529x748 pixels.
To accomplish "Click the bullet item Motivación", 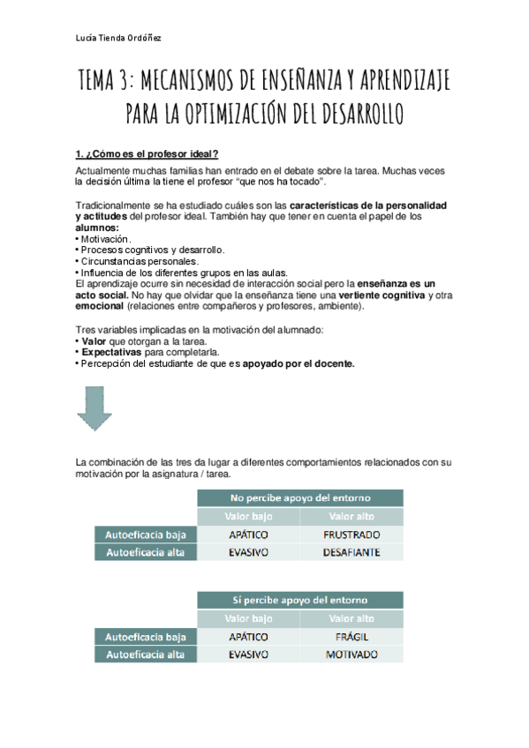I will tap(104, 239).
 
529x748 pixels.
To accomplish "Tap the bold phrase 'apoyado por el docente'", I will tap(299, 363).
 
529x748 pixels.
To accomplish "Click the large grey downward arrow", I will tap(94, 410).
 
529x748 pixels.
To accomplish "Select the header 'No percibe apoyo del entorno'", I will tap(300, 497).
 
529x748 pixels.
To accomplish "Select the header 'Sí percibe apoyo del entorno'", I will tap(300, 600).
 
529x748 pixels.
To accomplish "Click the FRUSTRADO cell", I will tap(351, 535).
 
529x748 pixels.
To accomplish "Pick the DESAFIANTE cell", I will tap(351, 553).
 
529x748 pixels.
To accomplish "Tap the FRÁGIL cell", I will tap(351, 637).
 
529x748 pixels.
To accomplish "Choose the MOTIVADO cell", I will tap(351, 654).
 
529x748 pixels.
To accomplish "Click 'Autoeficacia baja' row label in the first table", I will tap(146, 535).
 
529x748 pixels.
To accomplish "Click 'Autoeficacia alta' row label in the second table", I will tap(146, 654).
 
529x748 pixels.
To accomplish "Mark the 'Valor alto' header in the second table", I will tap(351, 618).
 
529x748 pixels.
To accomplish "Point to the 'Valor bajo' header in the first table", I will tap(250, 516).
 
